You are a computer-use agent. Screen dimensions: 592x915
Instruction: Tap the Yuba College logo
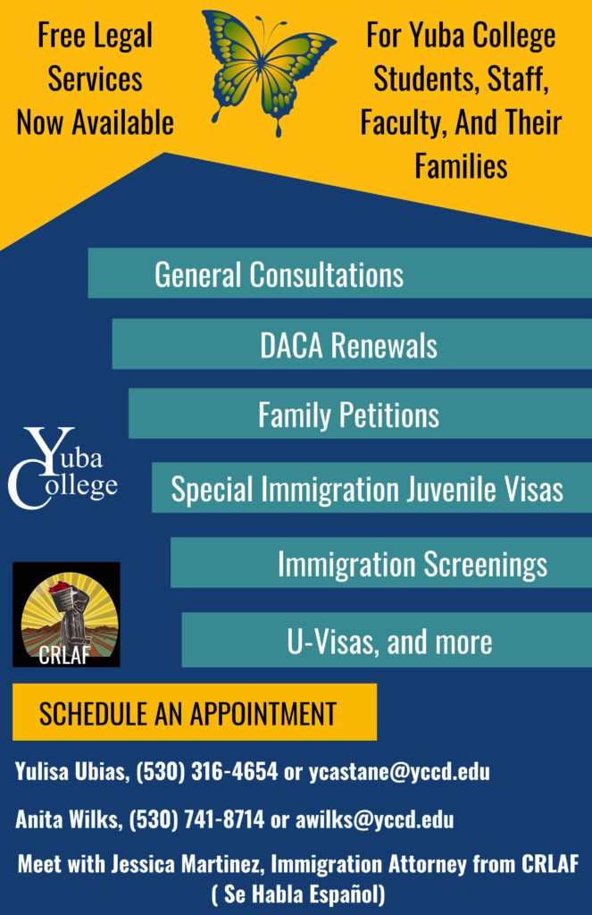(63, 468)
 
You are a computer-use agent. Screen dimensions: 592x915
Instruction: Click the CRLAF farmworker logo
(66, 615)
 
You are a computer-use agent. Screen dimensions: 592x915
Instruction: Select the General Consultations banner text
(279, 275)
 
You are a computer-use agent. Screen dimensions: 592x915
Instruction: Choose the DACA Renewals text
(348, 346)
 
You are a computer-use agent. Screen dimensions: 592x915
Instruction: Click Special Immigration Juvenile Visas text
(367, 489)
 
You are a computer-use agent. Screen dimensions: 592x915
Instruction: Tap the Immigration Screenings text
(413, 565)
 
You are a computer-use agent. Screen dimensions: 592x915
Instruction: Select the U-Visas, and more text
(389, 642)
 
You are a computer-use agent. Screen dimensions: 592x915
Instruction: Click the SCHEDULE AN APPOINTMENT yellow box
(195, 712)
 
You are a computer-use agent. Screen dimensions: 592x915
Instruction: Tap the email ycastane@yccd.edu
(399, 772)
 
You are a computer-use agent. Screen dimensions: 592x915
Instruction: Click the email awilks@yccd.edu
(374, 819)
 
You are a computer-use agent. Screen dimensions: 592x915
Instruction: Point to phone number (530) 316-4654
(207, 771)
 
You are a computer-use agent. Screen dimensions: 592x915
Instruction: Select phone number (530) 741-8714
(196, 819)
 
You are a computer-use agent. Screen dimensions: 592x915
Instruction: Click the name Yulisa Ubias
(70, 771)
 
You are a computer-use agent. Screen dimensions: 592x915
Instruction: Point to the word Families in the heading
(461, 166)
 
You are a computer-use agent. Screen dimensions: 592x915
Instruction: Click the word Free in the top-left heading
(63, 36)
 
